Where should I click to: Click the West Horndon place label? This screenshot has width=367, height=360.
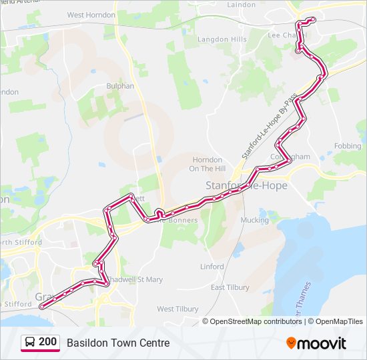point(91,15)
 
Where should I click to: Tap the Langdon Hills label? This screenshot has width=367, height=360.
point(222,39)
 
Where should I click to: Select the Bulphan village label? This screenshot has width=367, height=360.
point(120,86)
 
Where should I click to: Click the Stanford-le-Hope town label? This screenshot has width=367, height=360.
point(246,185)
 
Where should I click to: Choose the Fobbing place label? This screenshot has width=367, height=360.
point(348,146)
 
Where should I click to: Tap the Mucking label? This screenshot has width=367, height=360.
point(254,219)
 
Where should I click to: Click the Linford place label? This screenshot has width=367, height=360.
point(212,267)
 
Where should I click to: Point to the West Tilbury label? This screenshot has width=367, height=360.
point(177,309)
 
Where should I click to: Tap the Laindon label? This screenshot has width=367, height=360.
point(242,5)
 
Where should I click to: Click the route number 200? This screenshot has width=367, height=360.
point(47,342)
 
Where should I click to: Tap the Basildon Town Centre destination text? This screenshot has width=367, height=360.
point(118,343)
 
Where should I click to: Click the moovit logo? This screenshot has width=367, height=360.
point(316,343)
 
